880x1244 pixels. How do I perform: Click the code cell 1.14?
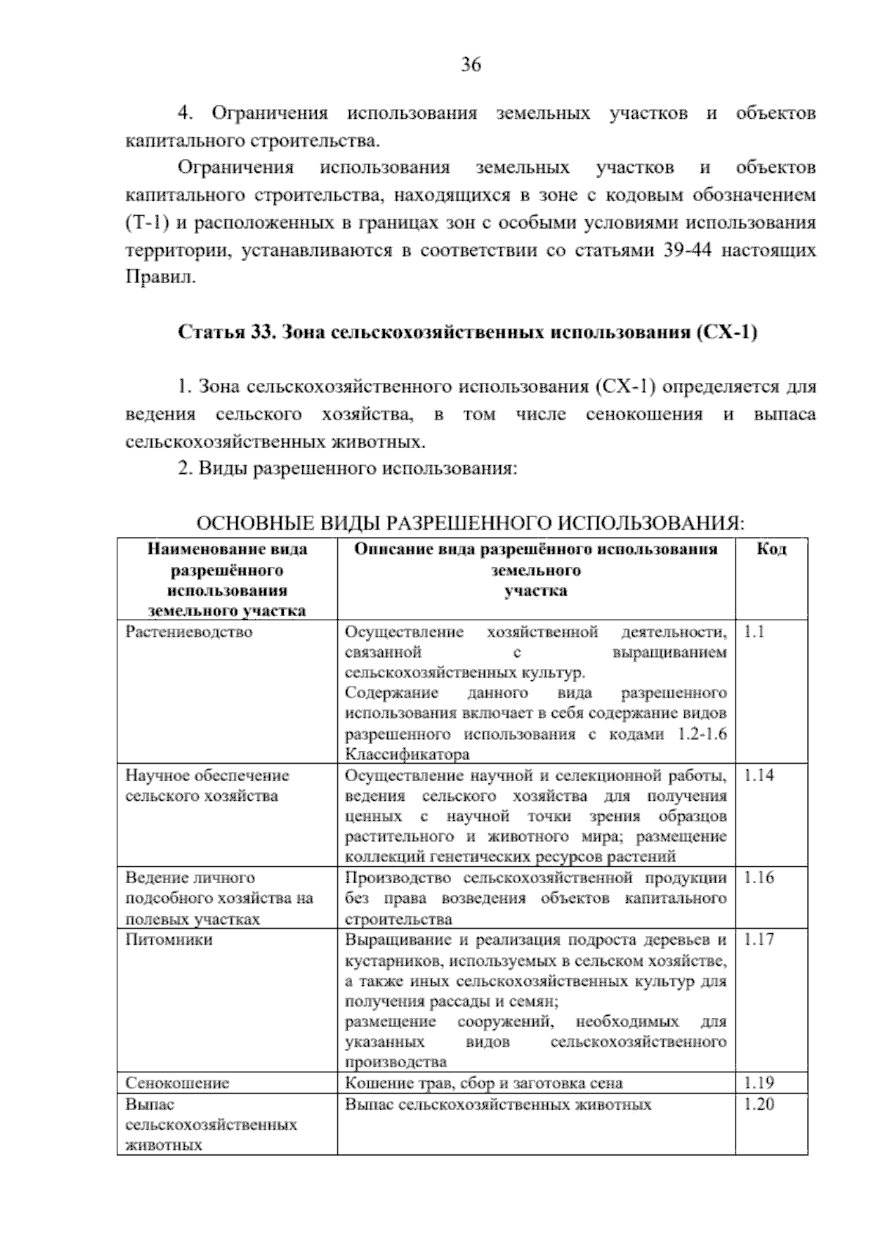pyautogui.click(x=758, y=775)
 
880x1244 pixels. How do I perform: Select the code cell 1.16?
pyautogui.click(x=758, y=877)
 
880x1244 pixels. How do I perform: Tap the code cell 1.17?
pyautogui.click(x=758, y=940)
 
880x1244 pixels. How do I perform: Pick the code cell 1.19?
pyautogui.click(x=758, y=1083)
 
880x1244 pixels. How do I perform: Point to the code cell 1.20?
pyautogui.click(x=758, y=1105)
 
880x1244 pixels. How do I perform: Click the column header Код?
pyautogui.click(x=771, y=549)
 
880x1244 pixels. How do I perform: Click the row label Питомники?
pyautogui.click(x=169, y=940)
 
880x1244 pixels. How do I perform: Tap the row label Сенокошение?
pyautogui.click(x=177, y=1083)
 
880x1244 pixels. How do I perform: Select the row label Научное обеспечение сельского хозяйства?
pyautogui.click(x=208, y=786)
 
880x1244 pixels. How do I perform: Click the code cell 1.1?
pyautogui.click(x=754, y=632)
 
